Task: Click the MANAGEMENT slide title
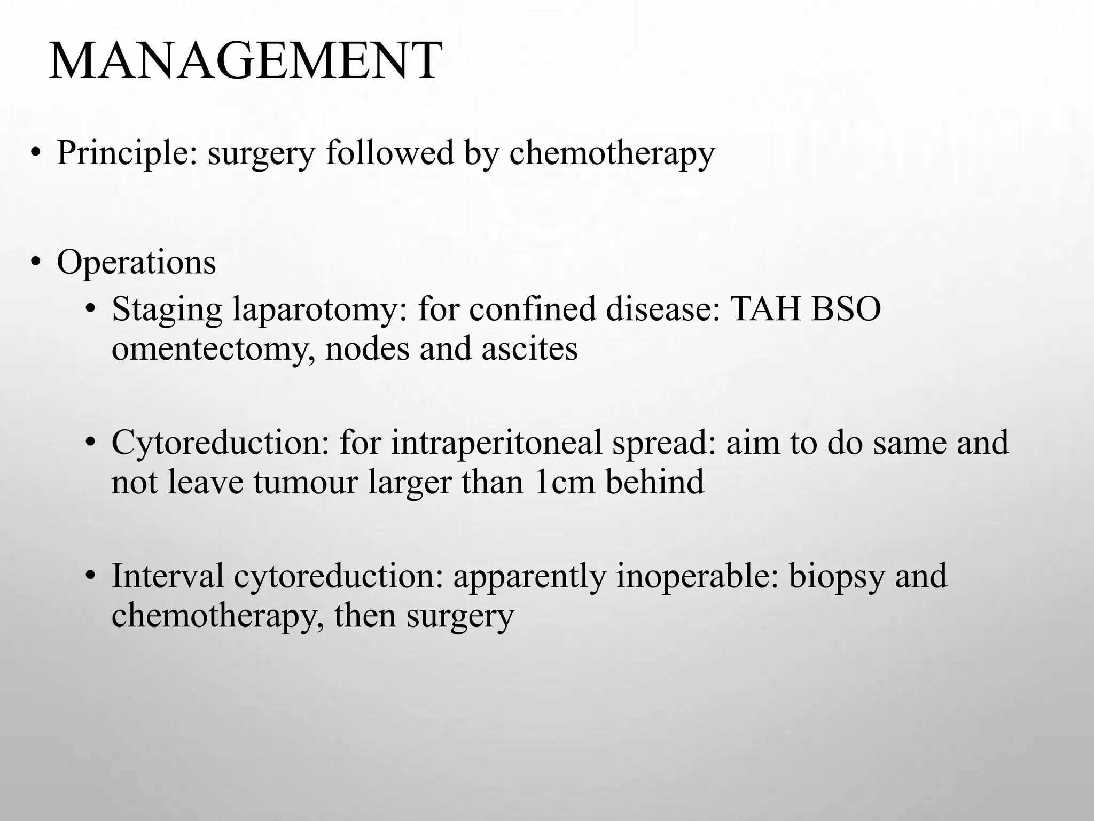246,61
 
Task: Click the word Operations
136,262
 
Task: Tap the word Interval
167,576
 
